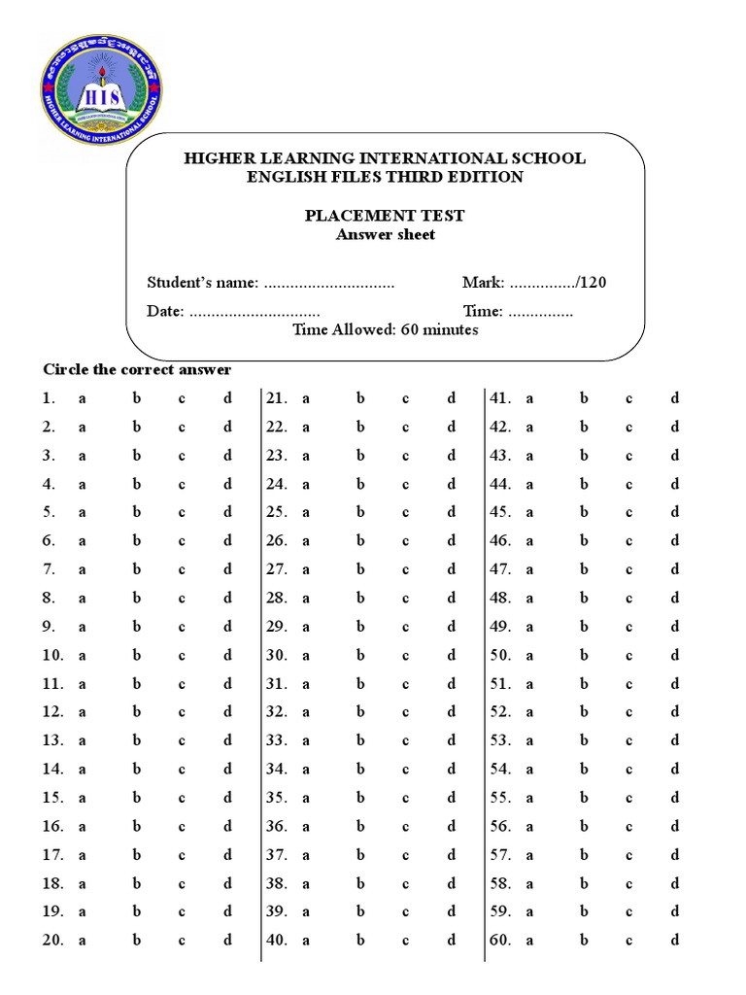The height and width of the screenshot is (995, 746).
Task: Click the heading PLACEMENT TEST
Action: [385, 216]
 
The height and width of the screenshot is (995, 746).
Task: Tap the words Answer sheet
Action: [385, 234]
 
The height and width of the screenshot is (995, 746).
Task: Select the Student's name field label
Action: [202, 283]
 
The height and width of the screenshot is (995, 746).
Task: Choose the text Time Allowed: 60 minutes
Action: [385, 329]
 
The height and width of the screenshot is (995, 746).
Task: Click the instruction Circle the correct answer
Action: [137, 369]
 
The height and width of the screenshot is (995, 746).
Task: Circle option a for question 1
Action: [83, 398]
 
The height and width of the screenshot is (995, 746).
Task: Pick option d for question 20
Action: [228, 941]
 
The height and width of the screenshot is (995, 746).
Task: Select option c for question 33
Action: [406, 740]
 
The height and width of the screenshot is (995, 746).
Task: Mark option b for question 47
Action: [585, 569]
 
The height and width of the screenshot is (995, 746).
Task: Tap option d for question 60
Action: [675, 941]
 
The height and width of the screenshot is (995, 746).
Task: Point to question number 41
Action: [500, 398]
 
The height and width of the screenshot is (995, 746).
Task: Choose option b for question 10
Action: [137, 655]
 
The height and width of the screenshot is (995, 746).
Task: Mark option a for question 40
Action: [305, 941]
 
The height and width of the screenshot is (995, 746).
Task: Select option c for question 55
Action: [628, 798]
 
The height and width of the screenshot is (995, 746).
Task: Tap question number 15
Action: [52, 798]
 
